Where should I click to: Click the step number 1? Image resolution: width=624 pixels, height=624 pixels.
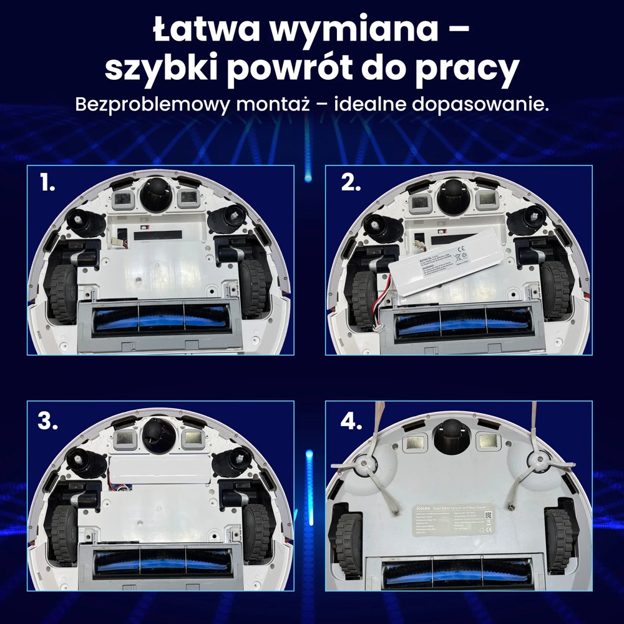tap(47, 183)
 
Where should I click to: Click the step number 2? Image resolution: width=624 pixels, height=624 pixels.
tap(351, 183)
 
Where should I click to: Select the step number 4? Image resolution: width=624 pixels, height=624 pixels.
tap(351, 421)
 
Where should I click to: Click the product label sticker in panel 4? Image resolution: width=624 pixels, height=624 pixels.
tap(454, 520)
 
